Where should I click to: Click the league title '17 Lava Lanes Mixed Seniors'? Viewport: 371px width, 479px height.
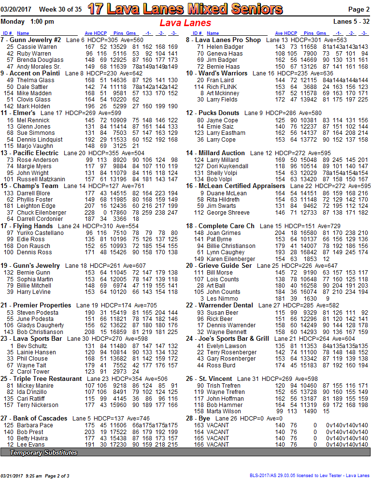[185, 9]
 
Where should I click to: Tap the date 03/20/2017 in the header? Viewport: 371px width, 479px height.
[16, 9]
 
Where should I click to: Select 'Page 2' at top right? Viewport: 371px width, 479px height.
[358, 9]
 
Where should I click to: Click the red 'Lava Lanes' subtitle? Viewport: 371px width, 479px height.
[185, 23]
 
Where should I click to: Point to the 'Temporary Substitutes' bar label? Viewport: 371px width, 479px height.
[43, 453]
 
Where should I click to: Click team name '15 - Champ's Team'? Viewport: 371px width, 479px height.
[29, 186]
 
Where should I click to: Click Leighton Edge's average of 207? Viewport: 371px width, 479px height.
[90, 205]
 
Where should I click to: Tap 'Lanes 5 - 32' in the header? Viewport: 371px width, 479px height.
[351, 21]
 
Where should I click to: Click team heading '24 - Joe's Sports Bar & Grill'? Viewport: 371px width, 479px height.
[228, 339]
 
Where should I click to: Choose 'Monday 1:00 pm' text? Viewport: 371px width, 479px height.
[28, 21]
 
